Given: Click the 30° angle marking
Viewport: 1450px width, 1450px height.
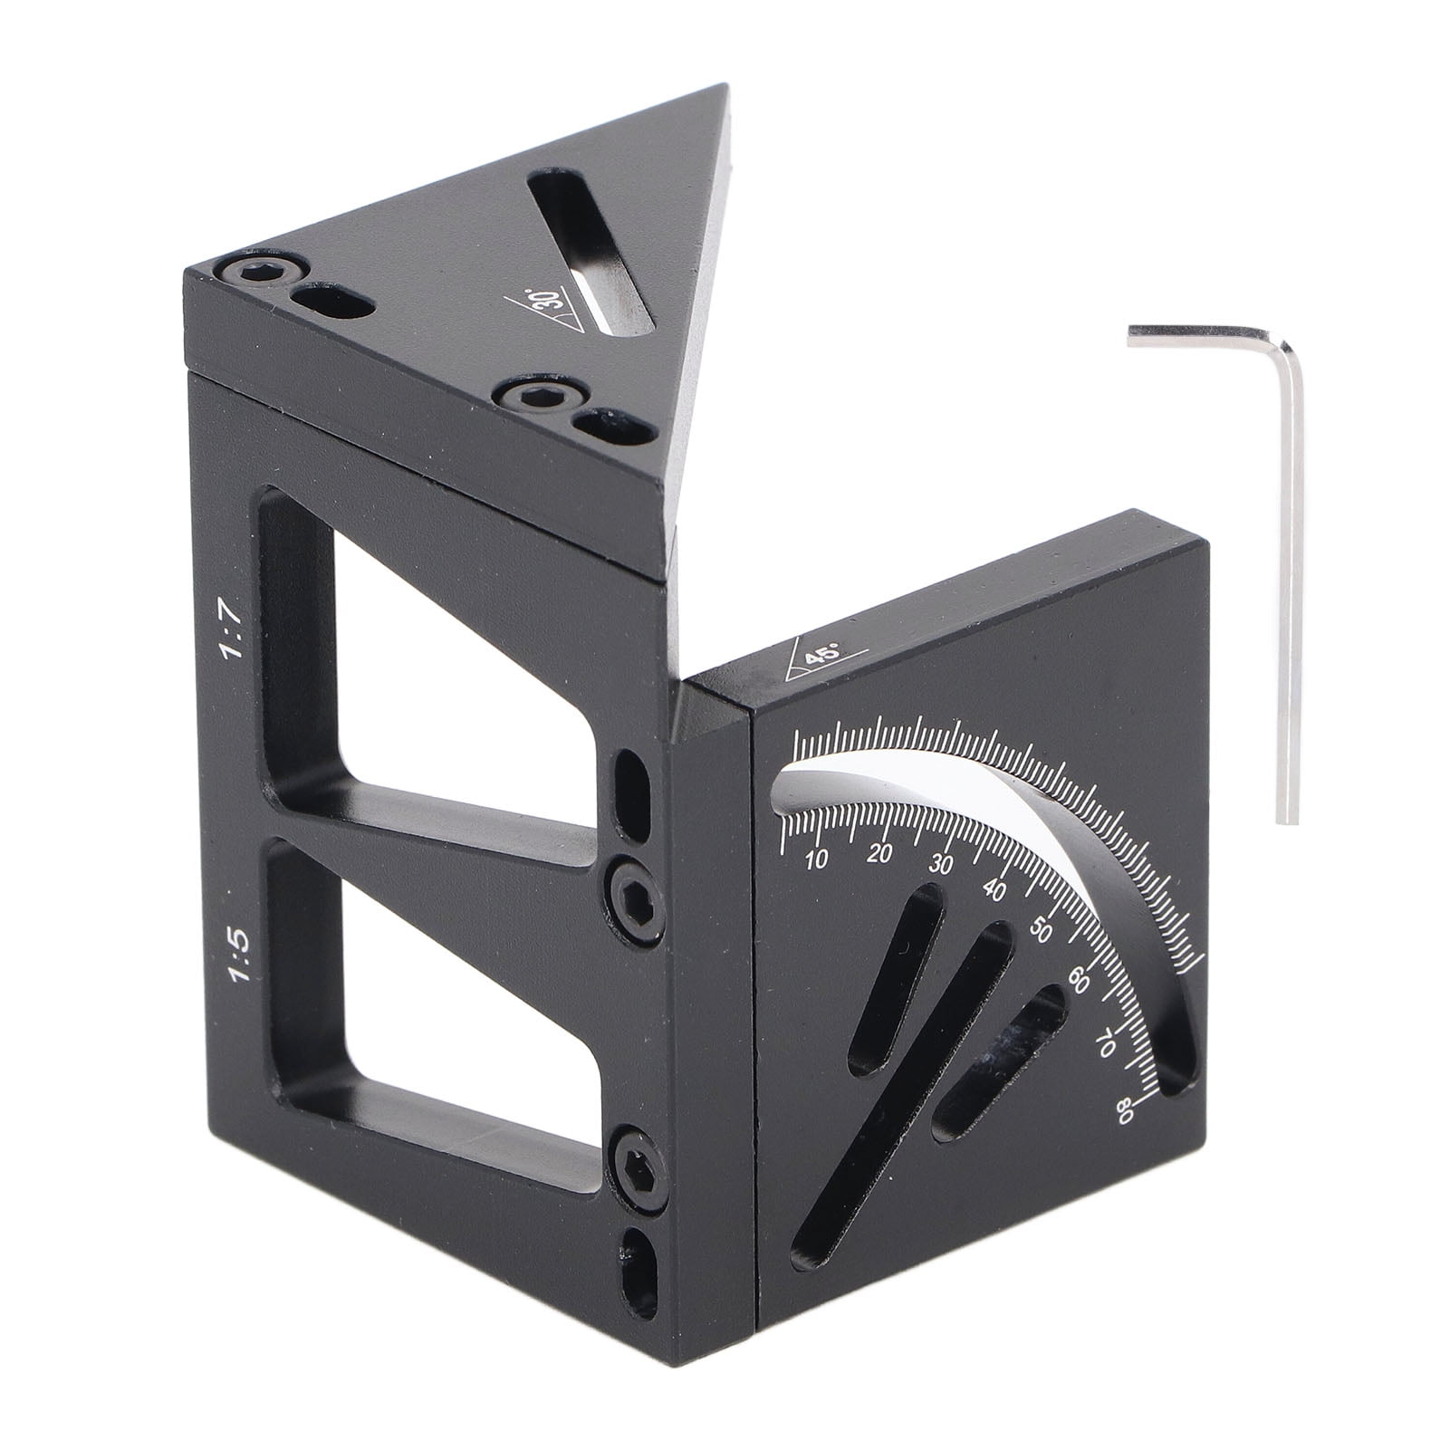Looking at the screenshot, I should [x=545, y=313].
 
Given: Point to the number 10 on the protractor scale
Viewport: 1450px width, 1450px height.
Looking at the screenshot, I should [x=815, y=860].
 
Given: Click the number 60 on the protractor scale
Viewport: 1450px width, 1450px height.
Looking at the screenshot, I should [x=1079, y=982].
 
